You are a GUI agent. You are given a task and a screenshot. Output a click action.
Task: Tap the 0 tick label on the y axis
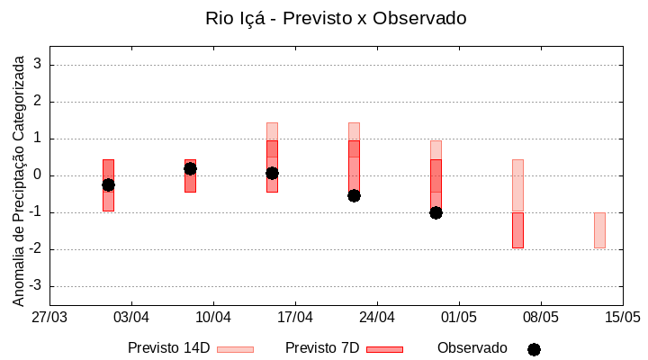pos(38,175)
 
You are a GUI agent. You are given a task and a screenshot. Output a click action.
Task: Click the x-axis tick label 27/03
pos(49,318)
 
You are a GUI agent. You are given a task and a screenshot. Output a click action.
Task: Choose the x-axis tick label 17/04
pos(295,318)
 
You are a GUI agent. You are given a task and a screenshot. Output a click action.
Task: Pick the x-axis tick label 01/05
pos(459,318)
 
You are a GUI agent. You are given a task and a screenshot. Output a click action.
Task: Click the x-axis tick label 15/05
pos(622,318)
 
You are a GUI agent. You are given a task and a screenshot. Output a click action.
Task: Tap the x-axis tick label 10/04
pos(213,318)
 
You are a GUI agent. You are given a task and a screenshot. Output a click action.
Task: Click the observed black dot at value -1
pos(436,212)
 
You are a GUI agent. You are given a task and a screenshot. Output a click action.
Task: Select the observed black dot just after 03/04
pos(108,184)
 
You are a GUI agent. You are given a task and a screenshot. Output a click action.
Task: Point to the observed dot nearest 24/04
pos(354,195)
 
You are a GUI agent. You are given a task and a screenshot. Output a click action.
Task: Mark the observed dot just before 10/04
pos(190,168)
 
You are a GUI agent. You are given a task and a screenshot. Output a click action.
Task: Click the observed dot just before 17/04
pos(272,173)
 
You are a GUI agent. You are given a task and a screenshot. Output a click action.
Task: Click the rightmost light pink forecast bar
pos(599,230)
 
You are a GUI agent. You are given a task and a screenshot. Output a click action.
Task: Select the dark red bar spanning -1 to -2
pos(517,230)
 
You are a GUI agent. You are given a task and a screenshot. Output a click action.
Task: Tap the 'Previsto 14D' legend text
pos(168,348)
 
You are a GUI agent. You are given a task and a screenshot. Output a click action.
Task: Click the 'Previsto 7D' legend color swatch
pos(384,349)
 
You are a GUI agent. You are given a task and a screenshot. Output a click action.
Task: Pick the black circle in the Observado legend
pos(534,349)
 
